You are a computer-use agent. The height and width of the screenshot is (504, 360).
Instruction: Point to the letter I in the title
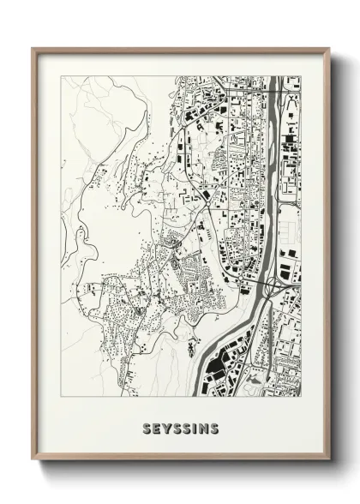click(194, 428)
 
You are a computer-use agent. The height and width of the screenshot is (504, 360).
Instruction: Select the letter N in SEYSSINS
click(203, 428)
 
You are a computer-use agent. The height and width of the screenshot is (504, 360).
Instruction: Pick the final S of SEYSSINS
click(214, 428)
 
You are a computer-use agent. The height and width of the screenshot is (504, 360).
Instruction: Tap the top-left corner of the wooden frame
click(33, 49)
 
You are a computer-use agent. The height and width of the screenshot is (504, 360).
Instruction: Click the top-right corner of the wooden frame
click(329, 49)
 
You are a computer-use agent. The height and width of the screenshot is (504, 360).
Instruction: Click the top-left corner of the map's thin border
click(62, 76)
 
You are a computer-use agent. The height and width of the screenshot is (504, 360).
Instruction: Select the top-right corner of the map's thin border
click(301, 76)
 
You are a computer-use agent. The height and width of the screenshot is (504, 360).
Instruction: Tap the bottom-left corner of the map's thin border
click(62, 396)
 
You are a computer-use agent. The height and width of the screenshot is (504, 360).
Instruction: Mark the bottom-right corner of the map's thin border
click(301, 396)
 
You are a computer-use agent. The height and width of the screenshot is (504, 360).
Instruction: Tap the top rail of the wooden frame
click(180, 51)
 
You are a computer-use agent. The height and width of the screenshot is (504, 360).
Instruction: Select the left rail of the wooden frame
click(35, 257)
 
